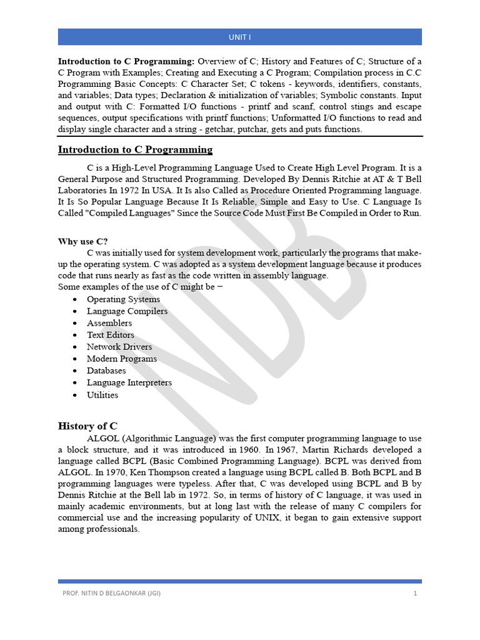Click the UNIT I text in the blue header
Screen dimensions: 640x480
pyautogui.click(x=239, y=37)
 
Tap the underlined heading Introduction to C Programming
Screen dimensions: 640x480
pyautogui.click(x=135, y=149)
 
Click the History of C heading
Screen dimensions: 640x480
pyautogui.click(x=87, y=426)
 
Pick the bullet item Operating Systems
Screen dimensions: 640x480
pyautogui.click(x=123, y=299)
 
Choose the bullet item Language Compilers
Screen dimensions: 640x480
pyautogui.click(x=127, y=311)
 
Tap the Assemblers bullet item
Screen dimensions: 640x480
pyautogui.click(x=109, y=323)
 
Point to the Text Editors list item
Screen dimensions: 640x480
pyautogui.click(x=110, y=335)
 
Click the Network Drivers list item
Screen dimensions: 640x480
pyautogui.click(x=119, y=347)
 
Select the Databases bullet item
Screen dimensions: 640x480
pyautogui.click(x=106, y=371)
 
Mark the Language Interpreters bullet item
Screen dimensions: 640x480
pyautogui.click(x=129, y=382)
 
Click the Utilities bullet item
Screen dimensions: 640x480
pyautogui.click(x=102, y=395)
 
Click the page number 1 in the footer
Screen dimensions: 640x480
pyautogui.click(x=414, y=593)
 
